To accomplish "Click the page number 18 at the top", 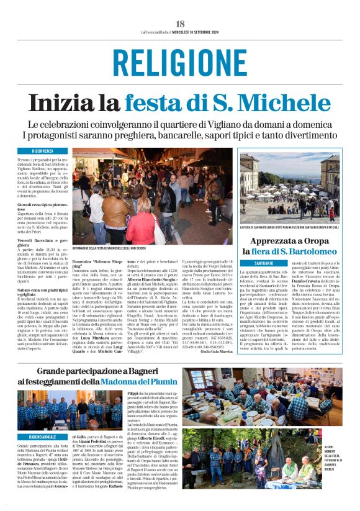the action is tap(180, 23).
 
